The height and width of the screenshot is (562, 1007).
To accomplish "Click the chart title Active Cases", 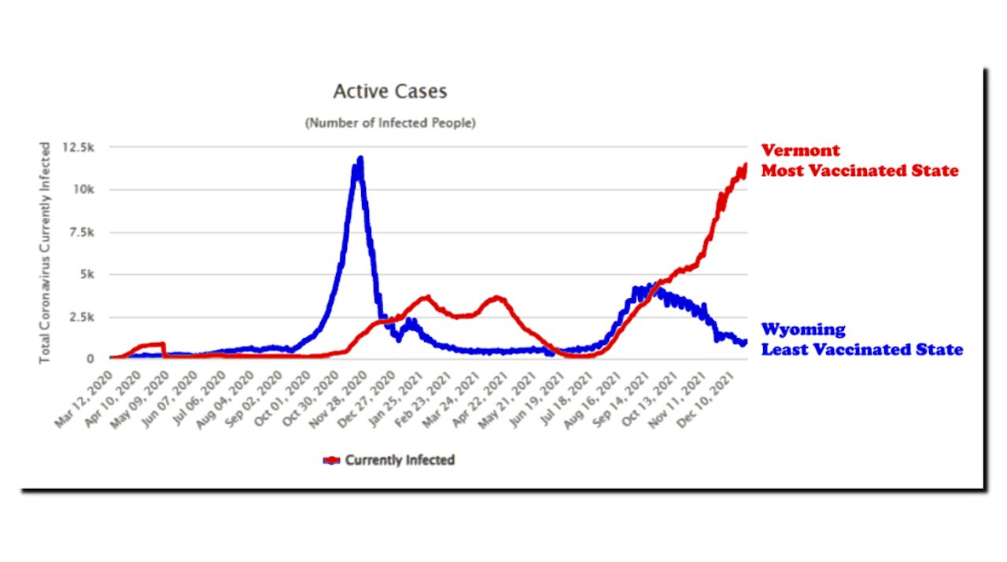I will pos(389,92).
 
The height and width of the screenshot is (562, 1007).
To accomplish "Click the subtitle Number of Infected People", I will pos(390,123).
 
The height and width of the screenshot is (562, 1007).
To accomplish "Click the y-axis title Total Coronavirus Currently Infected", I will pos(46,252).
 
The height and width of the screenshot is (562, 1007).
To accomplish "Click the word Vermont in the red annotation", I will pos(800,150).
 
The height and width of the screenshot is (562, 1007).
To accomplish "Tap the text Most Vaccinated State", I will pos(860,171).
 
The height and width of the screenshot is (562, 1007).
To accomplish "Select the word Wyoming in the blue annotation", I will pos(803,329).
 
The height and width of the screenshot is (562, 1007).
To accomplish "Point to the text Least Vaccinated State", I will pos(861,349).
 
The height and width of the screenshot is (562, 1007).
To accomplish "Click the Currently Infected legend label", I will pos(400,460).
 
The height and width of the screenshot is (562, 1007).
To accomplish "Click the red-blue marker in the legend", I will pos(331,461).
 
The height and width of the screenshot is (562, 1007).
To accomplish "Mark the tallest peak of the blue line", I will pos(360,160).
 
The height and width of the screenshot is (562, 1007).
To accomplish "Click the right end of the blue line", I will pos(744,342).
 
